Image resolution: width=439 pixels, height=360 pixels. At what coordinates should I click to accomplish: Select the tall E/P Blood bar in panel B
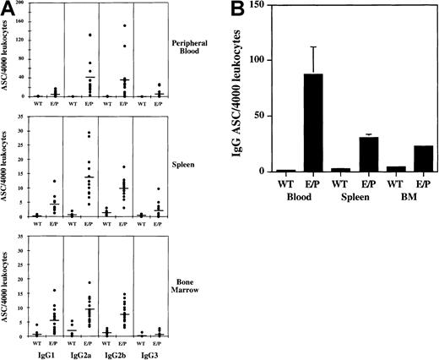click(x=313, y=123)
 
